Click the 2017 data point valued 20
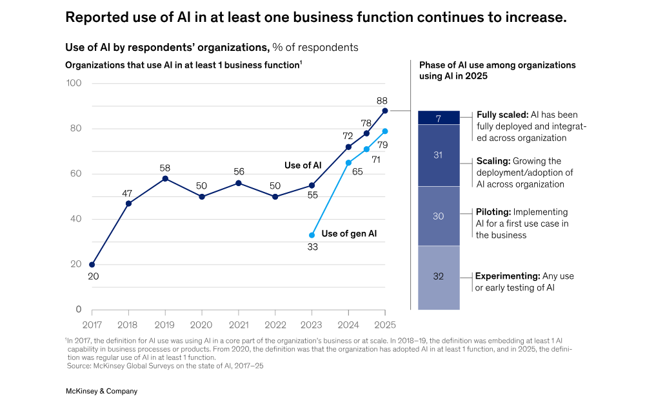pos(92,265)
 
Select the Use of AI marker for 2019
pos(165,178)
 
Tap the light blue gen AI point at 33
pos(312,235)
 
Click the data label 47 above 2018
pos(128,193)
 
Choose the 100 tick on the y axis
pos(74,83)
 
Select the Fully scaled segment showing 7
pos(439,118)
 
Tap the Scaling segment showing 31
pos(439,155)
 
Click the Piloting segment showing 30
pos(439,216)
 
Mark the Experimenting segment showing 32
pos(439,278)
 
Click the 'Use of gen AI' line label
pos(349,234)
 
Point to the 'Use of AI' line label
pos(303,166)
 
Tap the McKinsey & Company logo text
pos(101,391)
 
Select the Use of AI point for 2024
pos(348,147)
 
